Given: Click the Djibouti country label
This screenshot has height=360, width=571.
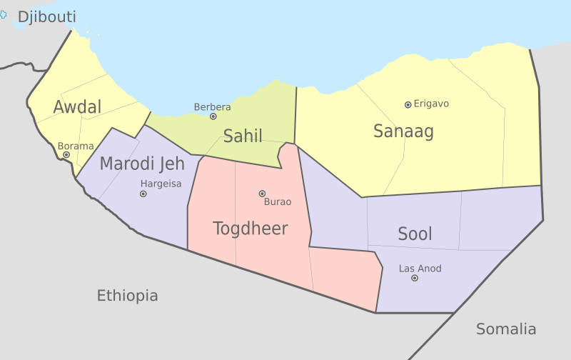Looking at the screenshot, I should click(x=47, y=17).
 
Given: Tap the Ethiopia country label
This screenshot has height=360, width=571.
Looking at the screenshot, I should click(x=128, y=296).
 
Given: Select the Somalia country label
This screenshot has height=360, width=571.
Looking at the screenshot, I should click(x=506, y=329).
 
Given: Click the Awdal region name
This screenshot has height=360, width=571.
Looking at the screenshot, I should click(x=77, y=108).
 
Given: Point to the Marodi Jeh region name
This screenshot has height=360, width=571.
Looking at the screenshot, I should click(x=141, y=164).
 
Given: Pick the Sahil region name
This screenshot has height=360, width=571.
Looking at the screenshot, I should click(x=243, y=136).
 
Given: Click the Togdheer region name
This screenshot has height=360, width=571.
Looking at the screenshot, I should click(x=251, y=229).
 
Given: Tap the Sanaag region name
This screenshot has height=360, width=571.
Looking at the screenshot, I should click(x=403, y=131).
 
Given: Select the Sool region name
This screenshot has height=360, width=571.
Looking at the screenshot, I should click(x=415, y=234).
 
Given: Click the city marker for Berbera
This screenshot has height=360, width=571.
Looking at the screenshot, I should click(x=213, y=116).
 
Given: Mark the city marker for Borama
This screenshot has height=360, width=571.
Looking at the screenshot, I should click(x=66, y=154).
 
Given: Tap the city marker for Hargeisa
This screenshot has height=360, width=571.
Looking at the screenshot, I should click(x=143, y=194).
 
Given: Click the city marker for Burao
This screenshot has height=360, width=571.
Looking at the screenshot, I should click(x=262, y=194).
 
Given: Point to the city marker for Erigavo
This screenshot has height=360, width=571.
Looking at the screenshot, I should click(x=408, y=104).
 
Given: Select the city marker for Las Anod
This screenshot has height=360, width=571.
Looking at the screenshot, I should click(x=415, y=278).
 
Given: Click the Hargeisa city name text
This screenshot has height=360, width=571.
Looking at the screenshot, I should click(x=161, y=184).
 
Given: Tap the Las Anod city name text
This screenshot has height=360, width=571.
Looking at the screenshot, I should click(x=420, y=269).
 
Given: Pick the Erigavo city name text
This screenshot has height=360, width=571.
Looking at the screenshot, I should click(x=431, y=104).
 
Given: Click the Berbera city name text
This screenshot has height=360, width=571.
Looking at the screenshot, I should click(x=212, y=107).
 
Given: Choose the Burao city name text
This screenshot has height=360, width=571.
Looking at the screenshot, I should click(x=278, y=202).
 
